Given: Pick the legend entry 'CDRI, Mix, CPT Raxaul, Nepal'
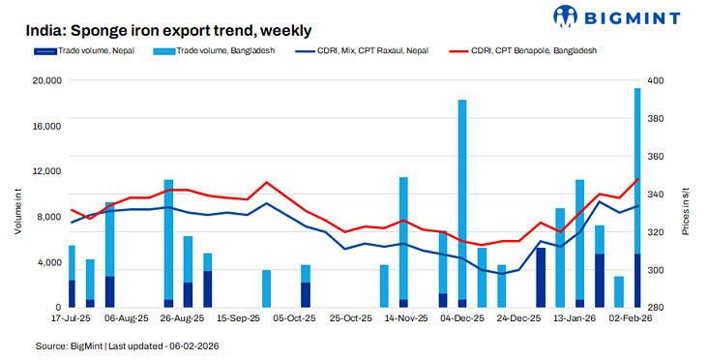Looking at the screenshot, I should tap(372, 50).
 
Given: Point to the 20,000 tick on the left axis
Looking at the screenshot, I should tap(47, 80).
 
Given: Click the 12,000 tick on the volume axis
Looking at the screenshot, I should tap(47, 171).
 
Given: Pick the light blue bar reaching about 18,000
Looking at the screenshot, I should tap(462, 194).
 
